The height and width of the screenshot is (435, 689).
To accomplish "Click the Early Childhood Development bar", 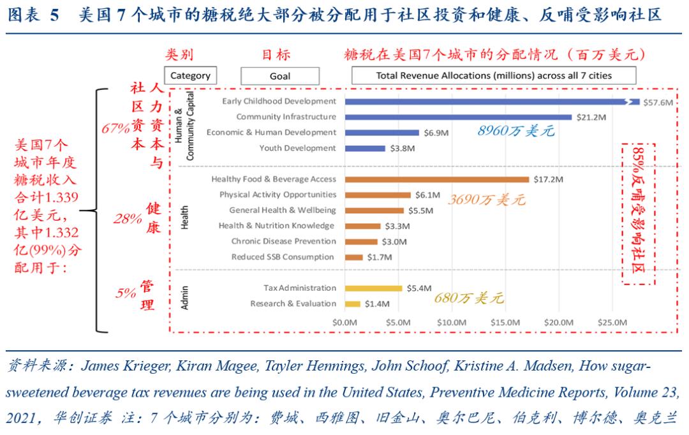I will (x=491, y=101).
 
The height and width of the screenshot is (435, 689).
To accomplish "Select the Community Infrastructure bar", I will (x=458, y=117).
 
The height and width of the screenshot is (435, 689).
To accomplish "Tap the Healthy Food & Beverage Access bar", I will (x=437, y=179).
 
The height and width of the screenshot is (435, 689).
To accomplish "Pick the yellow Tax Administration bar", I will (x=374, y=288).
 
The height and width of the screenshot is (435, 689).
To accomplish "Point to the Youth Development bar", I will (x=365, y=148).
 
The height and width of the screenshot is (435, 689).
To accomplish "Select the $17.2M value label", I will (x=548, y=179).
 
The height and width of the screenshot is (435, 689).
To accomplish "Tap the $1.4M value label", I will (x=377, y=304).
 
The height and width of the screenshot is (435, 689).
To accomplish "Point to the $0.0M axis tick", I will (x=344, y=322).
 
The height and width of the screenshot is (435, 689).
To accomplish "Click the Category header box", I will (x=190, y=76).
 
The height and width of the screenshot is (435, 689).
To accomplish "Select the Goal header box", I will (x=280, y=76).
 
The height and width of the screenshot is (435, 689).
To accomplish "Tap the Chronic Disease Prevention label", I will (x=283, y=241).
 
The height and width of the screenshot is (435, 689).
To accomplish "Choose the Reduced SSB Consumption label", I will (x=282, y=257).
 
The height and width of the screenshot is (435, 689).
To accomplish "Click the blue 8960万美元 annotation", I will (x=515, y=131).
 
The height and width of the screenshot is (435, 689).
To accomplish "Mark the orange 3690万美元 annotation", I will (x=486, y=200).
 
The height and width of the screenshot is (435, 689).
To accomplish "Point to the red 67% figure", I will (x=115, y=128).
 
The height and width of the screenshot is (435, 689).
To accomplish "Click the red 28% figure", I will (x=128, y=219).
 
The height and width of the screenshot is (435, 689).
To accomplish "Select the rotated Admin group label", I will (x=185, y=297).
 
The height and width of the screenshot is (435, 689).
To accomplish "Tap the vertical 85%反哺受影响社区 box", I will (x=638, y=213).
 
